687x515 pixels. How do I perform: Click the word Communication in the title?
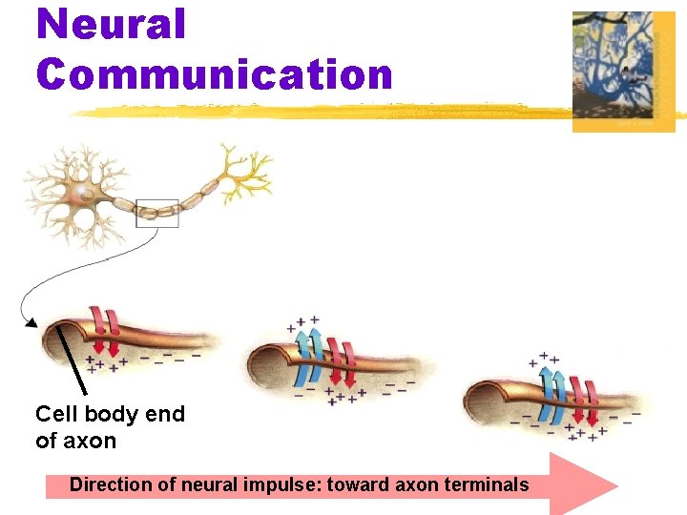click(x=215, y=73)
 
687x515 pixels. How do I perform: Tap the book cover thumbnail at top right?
click(x=623, y=71)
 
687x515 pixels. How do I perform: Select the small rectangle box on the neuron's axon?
click(x=157, y=214)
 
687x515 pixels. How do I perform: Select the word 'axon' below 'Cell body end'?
click(x=90, y=441)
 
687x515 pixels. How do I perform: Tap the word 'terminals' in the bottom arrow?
click(x=486, y=485)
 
